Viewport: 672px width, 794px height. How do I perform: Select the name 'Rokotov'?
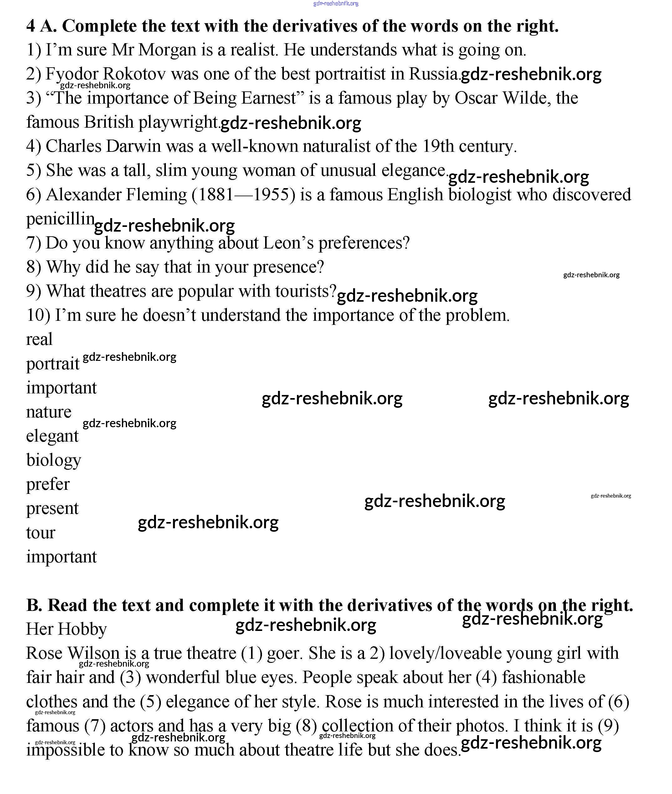tap(134, 74)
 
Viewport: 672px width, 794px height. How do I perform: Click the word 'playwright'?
tap(178, 122)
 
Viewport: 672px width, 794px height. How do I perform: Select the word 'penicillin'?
tap(60, 219)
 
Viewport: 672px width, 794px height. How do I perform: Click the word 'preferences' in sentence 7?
tap(360, 243)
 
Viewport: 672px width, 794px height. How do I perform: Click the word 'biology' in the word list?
tap(54, 460)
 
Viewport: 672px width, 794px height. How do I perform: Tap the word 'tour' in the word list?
tap(41, 532)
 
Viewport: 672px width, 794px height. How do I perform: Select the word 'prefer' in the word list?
tap(48, 484)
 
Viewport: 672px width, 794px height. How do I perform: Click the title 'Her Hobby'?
tap(66, 629)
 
